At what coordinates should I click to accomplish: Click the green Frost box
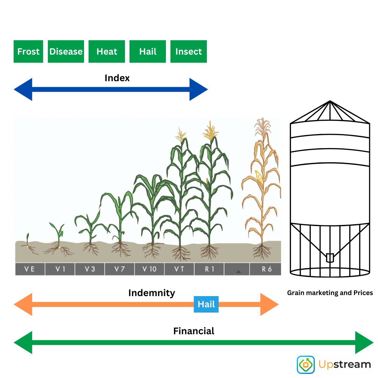pos(28,51)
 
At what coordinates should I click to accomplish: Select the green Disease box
pos(66,51)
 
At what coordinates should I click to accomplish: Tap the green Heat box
pos(106,51)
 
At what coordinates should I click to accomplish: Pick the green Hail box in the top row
pos(148,51)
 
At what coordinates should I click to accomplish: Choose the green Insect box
pos(189,51)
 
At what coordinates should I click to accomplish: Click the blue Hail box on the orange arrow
pos(206,304)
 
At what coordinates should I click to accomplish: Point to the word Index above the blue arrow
pos(117,78)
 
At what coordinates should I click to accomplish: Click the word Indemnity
pos(152,293)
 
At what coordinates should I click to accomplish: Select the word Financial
pos(194,331)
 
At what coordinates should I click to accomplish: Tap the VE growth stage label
pos(30,269)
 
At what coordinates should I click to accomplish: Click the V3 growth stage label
pos(90,269)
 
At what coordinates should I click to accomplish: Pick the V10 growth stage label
pos(149,269)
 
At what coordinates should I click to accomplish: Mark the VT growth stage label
pos(179,269)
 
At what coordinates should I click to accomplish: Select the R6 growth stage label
pos(267,269)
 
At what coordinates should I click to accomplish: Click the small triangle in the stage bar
pos(239,272)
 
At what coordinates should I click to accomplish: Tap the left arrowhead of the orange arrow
pos(23,304)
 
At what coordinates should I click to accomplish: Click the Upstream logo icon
pos(306,364)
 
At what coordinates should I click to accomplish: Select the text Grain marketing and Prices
pos(330,293)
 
